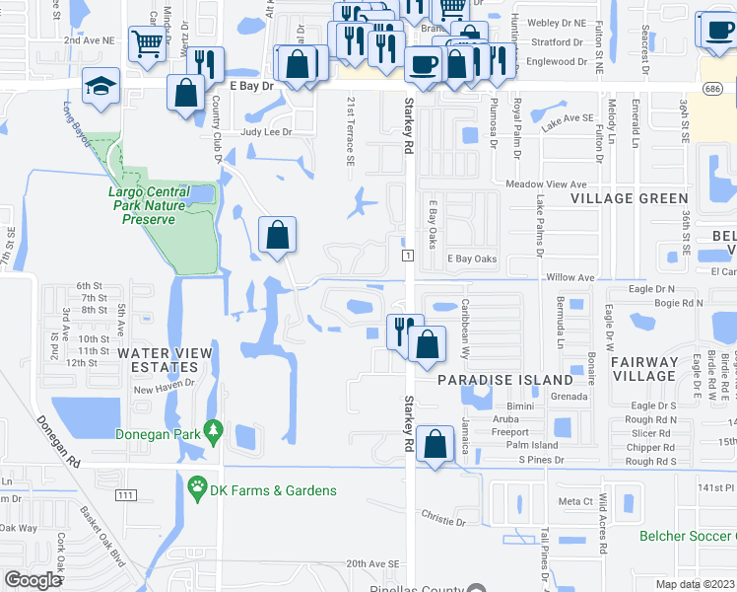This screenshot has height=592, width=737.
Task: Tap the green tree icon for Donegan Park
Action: point(212,431)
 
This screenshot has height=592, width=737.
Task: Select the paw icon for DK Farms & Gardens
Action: point(196,486)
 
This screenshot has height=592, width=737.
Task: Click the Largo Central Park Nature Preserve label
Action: point(162,205)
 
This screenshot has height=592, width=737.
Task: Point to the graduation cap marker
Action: point(101,85)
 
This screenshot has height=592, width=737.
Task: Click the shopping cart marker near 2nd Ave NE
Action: point(147,42)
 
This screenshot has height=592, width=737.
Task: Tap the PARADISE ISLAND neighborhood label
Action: point(505,380)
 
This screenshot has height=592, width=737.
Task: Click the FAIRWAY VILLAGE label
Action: point(644,369)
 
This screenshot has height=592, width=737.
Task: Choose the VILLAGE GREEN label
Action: point(617,198)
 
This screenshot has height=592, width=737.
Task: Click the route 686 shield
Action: point(709,88)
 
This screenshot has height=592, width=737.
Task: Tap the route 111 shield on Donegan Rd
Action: point(125,493)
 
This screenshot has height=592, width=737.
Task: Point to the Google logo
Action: point(32,579)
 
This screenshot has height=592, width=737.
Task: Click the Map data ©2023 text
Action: point(696,584)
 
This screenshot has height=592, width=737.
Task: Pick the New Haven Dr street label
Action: point(164,388)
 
